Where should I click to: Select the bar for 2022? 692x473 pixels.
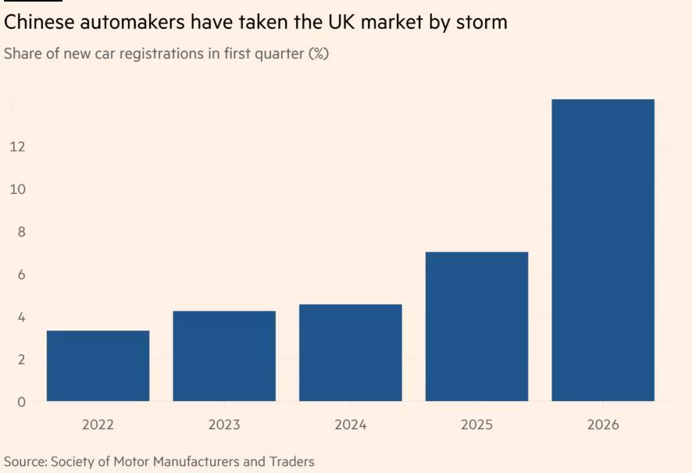coord(98,366)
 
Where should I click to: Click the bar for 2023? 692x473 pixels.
coord(224,356)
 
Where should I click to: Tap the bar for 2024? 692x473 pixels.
coord(351,353)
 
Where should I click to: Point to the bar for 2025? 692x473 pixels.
coord(476,326)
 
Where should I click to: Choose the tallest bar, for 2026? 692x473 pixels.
coord(603,250)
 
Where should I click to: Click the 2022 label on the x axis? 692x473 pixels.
coord(98,425)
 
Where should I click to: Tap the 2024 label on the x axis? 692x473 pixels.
coord(351,425)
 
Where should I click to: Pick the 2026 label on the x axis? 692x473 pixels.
coord(603,425)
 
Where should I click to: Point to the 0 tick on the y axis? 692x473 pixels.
coord(20,402)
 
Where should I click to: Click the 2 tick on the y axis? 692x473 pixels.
coord(20,360)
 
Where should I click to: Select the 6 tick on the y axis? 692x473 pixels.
coord(20,274)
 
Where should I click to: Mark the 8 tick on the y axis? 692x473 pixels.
coord(20,231)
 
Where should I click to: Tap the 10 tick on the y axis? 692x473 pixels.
coord(17,189)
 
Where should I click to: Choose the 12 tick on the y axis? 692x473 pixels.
coord(17,147)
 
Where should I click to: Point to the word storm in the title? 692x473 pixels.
coord(480,22)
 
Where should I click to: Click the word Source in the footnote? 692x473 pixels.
coord(25,461)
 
